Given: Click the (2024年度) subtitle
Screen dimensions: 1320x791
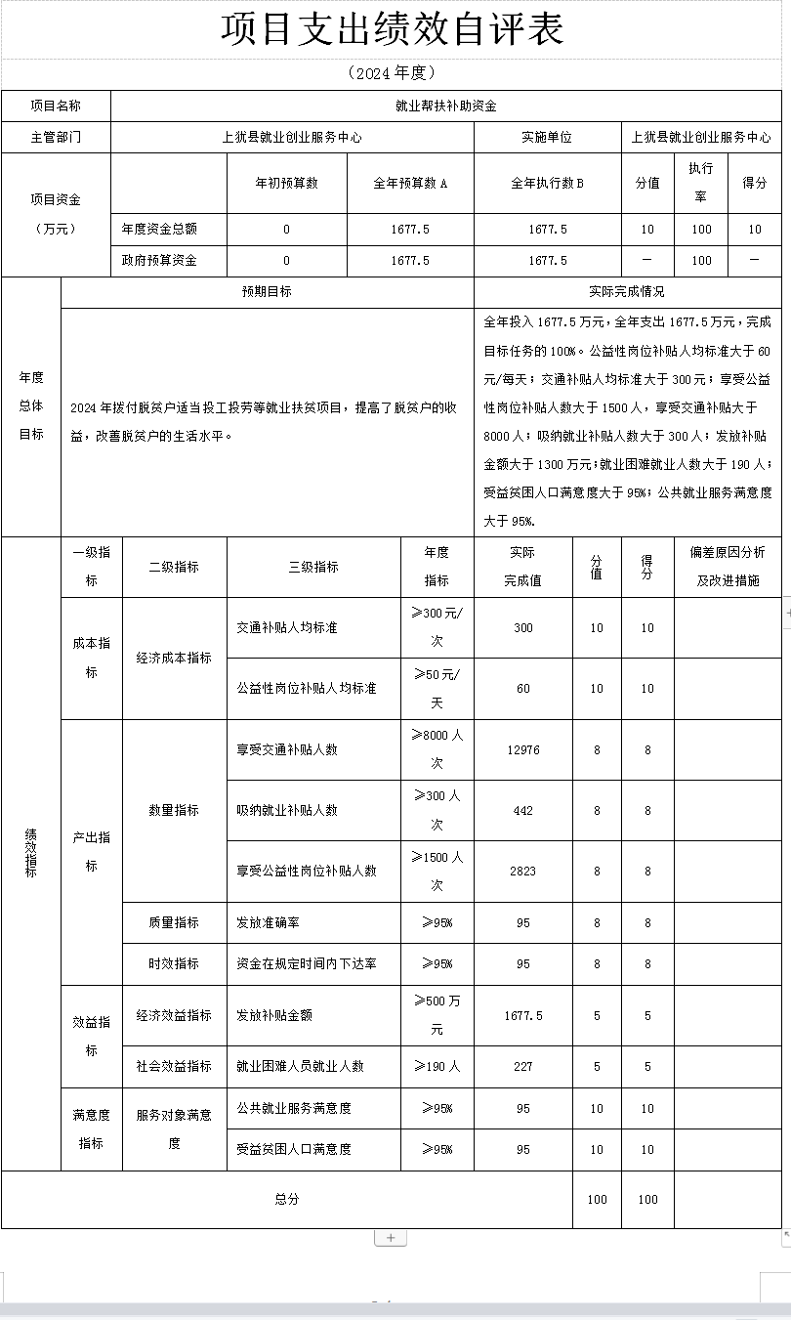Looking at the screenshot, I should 392,73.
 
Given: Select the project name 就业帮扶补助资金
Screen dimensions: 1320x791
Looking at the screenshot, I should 446,106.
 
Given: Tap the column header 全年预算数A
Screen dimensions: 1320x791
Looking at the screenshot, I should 410,183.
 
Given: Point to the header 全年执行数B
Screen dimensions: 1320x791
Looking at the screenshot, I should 547,183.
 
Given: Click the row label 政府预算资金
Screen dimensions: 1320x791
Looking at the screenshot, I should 159,261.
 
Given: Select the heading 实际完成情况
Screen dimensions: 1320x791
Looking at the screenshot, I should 627,292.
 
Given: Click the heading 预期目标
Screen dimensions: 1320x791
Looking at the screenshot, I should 267,292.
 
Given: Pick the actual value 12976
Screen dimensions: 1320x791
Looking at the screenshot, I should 523,750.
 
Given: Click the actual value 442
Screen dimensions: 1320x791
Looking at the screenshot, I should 523,811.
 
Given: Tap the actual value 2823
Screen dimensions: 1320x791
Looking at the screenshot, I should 523,872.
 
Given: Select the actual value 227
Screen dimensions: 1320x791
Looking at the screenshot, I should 523,1067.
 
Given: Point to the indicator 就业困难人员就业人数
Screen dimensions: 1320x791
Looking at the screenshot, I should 301,1067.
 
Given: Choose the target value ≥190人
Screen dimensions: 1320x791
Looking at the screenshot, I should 437,1067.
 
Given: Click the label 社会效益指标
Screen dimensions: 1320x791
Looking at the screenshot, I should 174,1067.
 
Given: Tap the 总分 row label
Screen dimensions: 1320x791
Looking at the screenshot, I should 287,1199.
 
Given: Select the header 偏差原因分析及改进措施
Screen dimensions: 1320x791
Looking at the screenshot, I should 728,566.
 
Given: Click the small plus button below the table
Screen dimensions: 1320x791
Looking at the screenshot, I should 391,1238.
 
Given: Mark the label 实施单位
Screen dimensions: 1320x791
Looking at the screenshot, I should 547,138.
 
